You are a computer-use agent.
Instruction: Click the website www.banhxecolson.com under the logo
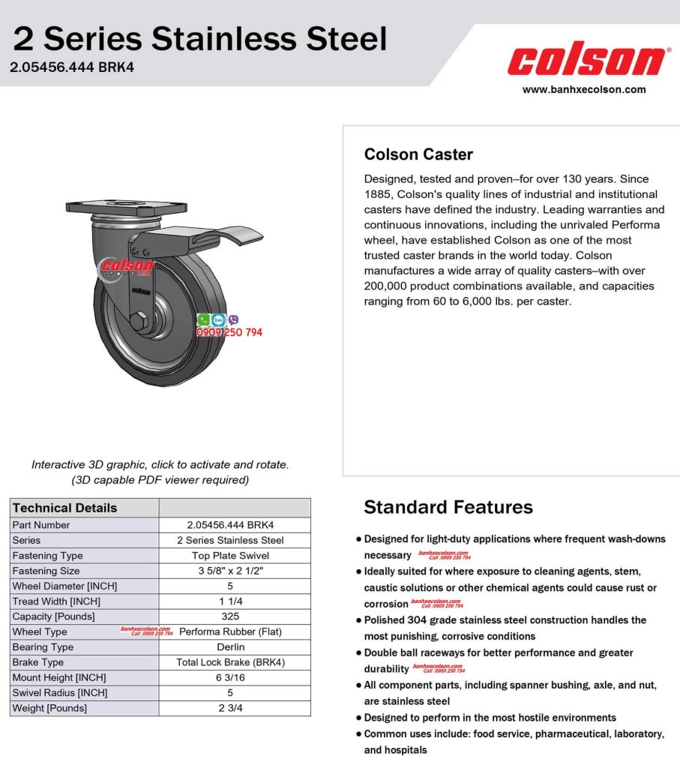[x=584, y=89]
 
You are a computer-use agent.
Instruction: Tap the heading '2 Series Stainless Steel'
[x=199, y=37]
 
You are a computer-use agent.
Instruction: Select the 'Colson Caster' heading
[x=418, y=154]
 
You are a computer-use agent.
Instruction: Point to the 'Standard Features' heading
[x=448, y=507]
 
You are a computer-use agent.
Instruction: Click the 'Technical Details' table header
[x=65, y=508]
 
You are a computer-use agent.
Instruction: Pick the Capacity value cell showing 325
[x=230, y=616]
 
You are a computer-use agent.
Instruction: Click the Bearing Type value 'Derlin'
[x=230, y=647]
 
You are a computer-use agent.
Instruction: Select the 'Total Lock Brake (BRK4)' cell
[x=230, y=662]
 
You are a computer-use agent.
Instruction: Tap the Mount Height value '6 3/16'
[x=230, y=677]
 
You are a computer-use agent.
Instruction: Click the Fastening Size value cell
[x=230, y=571]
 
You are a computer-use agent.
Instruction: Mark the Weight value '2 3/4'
[x=230, y=708]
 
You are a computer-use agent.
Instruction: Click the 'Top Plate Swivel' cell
[x=230, y=556]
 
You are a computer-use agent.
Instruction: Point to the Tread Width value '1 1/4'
[x=230, y=601]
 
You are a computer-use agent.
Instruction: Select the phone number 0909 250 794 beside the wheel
[x=229, y=332]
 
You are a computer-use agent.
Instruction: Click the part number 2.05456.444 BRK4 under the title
[x=72, y=67]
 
